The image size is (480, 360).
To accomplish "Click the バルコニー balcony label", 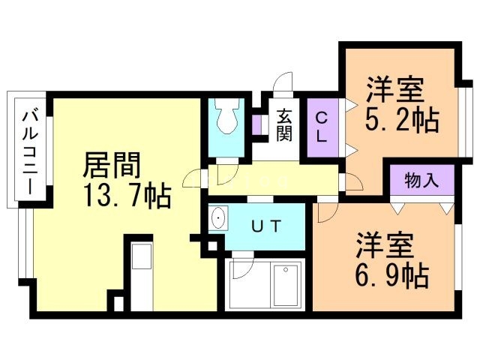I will tap(31, 151).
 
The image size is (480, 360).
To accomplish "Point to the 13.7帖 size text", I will tap(127, 196).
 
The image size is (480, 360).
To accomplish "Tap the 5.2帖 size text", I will tap(401, 120).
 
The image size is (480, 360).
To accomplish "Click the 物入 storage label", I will tap(421, 180).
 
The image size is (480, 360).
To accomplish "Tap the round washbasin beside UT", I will tap(219, 219).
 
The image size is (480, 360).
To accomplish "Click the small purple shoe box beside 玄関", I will tap(256, 124).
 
